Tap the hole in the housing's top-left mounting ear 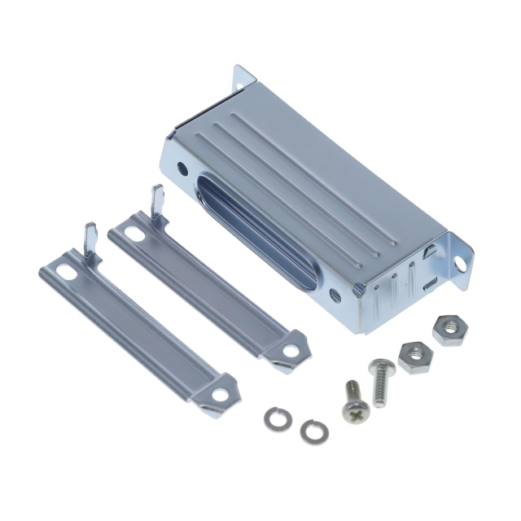(x=241, y=82)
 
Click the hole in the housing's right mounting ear (x=461, y=263)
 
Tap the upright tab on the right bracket (x=158, y=200)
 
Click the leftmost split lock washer (x=274, y=417)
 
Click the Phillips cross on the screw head (x=355, y=415)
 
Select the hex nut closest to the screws (x=415, y=356)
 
